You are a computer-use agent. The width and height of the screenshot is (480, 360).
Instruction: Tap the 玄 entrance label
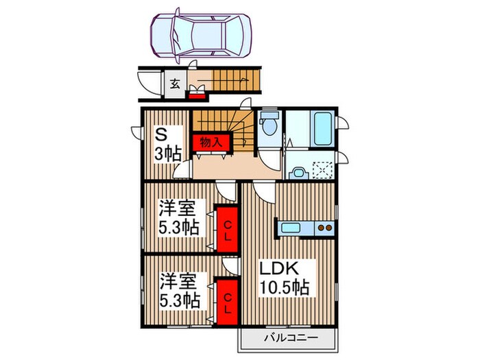click(x=175, y=84)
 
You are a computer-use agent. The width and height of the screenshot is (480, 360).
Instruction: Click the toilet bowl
click(x=269, y=125)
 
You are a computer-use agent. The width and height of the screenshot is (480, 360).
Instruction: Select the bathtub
click(x=320, y=128)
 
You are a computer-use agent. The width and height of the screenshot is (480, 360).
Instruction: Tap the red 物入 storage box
click(x=211, y=142)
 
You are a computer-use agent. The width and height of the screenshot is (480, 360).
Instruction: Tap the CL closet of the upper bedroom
click(x=226, y=229)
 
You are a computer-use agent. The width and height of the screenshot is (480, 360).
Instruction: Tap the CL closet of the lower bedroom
click(x=226, y=300)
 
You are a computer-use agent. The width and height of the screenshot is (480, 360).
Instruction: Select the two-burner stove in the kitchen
click(x=324, y=228)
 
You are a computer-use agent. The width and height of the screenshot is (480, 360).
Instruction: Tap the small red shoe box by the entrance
click(x=197, y=94)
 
